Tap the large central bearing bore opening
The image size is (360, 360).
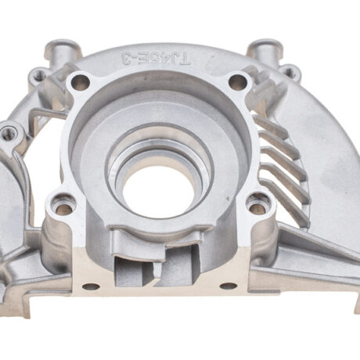(159, 190)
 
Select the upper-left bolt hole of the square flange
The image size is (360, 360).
(80, 82)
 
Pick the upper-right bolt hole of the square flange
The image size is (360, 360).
(238, 81)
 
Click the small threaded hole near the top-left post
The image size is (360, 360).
(38, 75)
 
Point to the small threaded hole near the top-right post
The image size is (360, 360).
(290, 73)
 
